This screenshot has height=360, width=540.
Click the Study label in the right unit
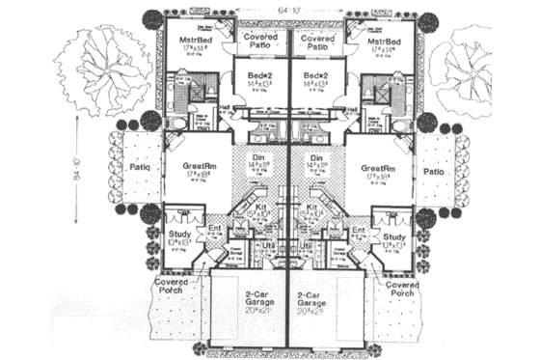[x=392, y=236]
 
